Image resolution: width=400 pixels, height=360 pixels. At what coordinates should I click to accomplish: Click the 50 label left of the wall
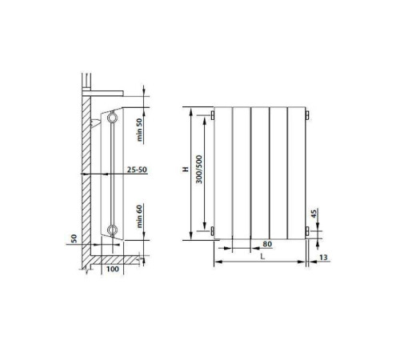[73, 238]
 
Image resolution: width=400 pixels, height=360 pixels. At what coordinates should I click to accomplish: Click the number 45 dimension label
[314, 214]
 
